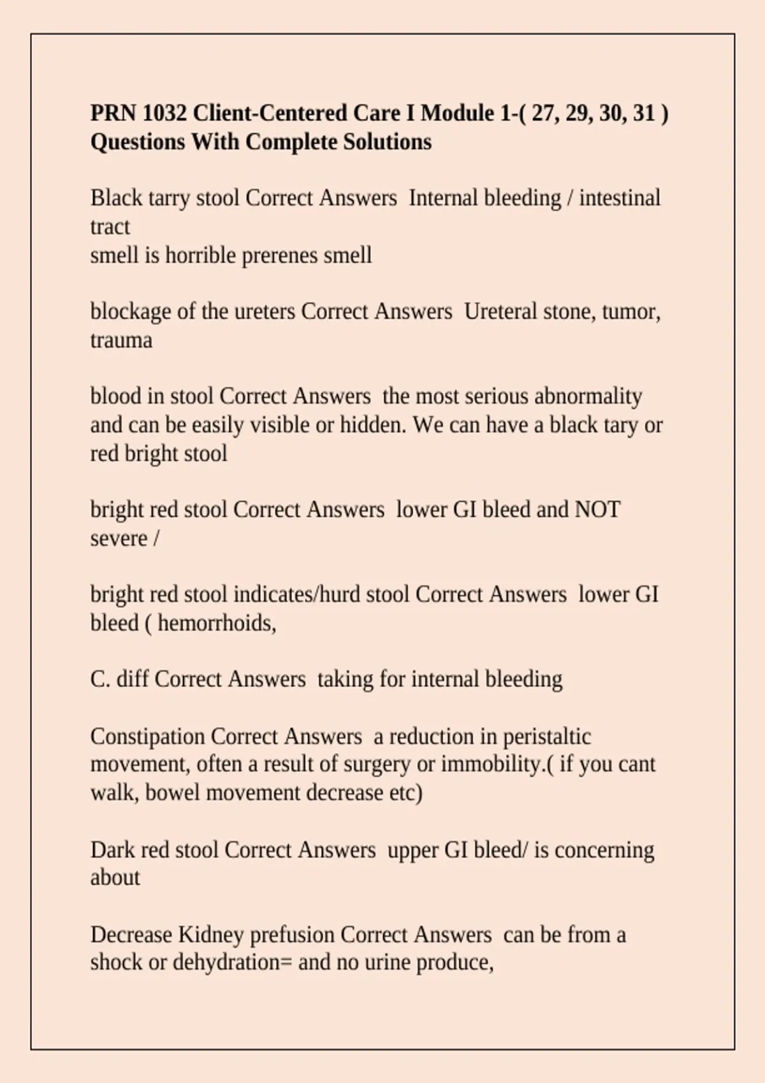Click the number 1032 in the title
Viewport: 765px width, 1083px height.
(x=164, y=113)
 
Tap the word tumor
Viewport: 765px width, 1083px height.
(x=630, y=312)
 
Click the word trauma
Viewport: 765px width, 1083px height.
(x=121, y=340)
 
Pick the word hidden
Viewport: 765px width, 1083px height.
(x=372, y=425)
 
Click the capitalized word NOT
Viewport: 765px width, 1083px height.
(x=597, y=510)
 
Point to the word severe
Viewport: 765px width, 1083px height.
(x=119, y=538)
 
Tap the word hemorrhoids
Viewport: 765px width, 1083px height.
(x=216, y=623)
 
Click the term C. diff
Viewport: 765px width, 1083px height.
(x=119, y=679)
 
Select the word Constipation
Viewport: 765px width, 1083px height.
(x=147, y=736)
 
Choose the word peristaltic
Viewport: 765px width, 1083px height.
(x=547, y=736)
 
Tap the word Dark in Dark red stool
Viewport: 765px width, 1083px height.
(x=113, y=850)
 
